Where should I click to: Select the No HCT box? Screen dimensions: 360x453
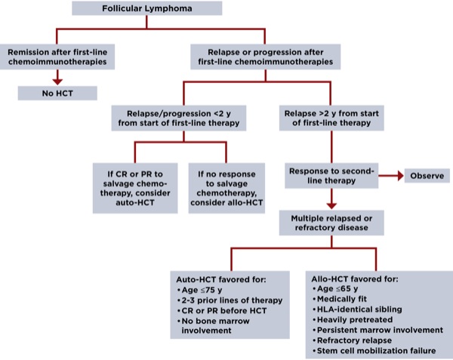pyautogui.click(x=57, y=93)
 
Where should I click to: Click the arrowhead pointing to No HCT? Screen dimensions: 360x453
pyautogui.click(x=57, y=78)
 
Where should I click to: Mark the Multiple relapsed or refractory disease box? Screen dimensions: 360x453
pyautogui.click(x=331, y=222)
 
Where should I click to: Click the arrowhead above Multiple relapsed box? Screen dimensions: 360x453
pyautogui.click(x=331, y=204)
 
